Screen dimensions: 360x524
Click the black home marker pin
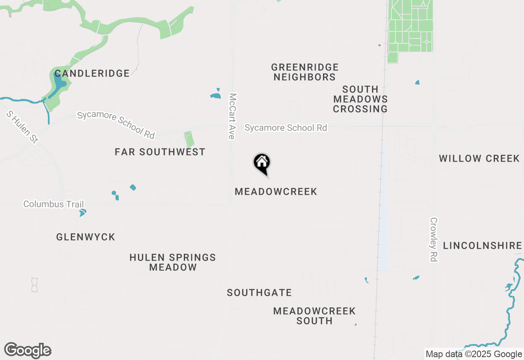tap(262, 164)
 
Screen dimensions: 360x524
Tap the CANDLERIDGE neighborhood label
tap(92, 74)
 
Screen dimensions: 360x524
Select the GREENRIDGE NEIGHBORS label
tap(305, 72)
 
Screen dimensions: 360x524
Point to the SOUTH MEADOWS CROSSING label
tap(360, 99)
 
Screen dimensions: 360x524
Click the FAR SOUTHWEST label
tap(160, 152)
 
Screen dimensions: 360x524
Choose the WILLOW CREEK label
tap(479, 159)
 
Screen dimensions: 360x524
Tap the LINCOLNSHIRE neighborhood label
tap(483, 246)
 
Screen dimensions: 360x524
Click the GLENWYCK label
tap(86, 237)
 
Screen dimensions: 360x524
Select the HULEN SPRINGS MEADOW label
tap(173, 262)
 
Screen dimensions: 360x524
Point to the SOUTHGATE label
tap(260, 293)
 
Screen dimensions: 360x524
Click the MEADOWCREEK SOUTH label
tap(314, 316)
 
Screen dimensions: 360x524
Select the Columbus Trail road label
tap(54, 204)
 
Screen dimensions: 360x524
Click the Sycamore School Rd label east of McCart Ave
tap(286, 128)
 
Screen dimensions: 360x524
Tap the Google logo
tap(28, 351)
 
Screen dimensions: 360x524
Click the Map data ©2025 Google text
tap(474, 354)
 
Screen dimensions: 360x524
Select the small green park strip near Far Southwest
tap(189, 139)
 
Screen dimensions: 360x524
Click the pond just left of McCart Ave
tap(216, 95)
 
